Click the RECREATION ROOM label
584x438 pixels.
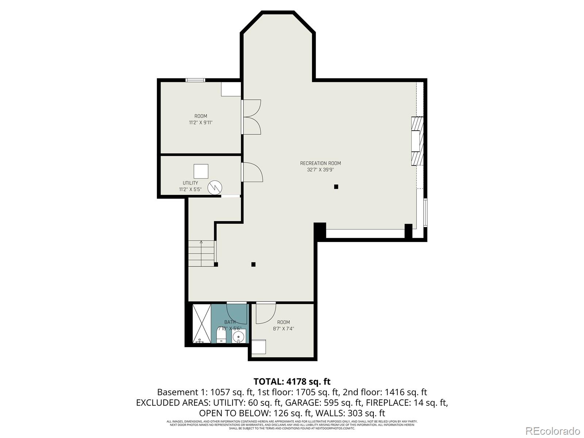320,163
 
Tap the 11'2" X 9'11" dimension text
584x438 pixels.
200,123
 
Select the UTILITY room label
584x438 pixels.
190,183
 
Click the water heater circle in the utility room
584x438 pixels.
215,188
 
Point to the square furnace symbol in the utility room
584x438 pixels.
201,171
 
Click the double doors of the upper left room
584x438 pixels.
252,117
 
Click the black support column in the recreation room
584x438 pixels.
336,187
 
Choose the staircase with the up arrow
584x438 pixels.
201,254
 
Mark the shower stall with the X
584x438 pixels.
201,323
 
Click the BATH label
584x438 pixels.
230,322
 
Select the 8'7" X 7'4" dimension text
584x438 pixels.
283,328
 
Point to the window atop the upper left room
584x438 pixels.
195,80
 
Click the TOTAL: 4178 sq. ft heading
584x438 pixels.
292,381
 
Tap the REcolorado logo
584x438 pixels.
552,431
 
